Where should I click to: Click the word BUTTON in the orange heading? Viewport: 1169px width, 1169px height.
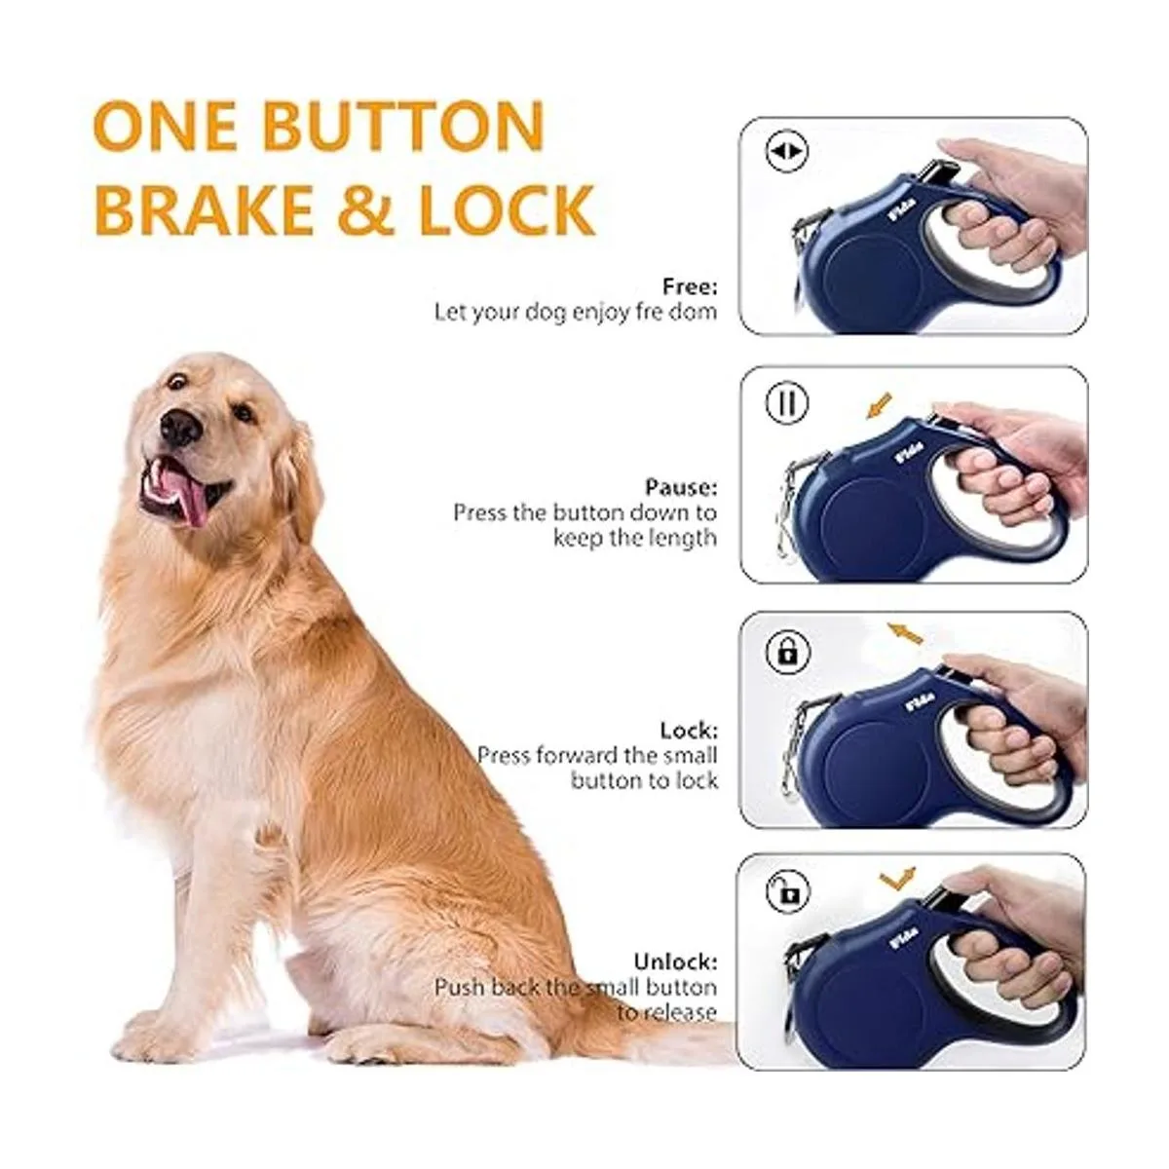click(402, 127)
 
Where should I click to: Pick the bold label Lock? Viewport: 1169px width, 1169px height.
click(689, 731)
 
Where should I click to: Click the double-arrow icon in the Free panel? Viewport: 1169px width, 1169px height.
click(787, 152)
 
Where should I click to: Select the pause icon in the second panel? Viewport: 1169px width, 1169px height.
click(787, 402)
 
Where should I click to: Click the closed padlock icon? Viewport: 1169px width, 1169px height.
click(789, 654)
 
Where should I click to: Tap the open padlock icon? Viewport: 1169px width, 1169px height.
click(788, 893)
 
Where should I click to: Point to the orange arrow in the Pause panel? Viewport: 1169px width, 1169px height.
click(880, 406)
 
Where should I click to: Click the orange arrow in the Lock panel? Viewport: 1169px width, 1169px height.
click(905, 632)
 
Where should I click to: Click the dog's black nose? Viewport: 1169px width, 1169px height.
click(180, 427)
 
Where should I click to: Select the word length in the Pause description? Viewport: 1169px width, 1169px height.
click(681, 538)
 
